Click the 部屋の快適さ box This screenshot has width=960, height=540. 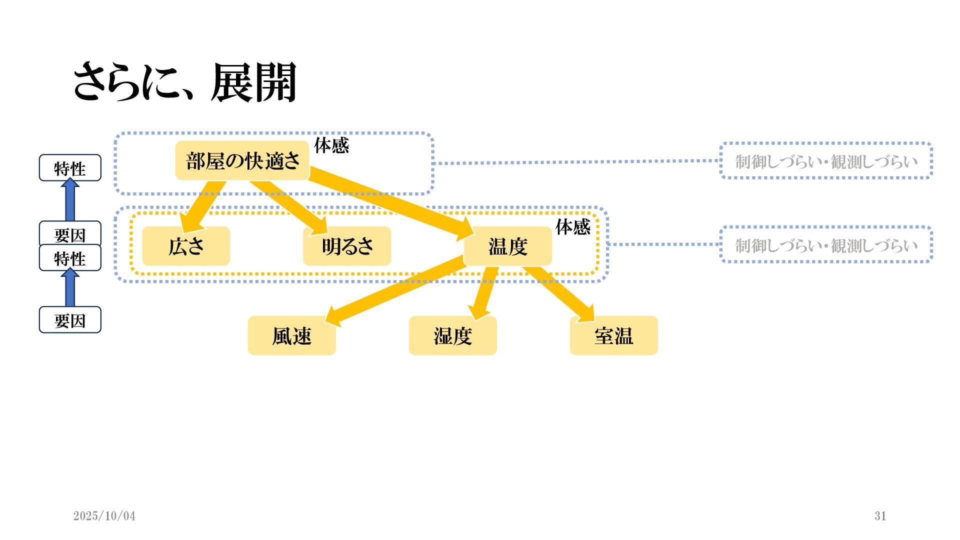pos(242,161)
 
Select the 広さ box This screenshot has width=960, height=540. pos(186,246)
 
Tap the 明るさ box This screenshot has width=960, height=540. pos(347,246)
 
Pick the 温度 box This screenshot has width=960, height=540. pos(508,246)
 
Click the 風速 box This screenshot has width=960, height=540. pos(292,335)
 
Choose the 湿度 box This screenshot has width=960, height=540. pos(453,335)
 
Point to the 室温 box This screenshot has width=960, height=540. pos(614,335)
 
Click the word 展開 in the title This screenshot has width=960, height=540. pos(254,82)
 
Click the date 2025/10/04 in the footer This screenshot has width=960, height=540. pos(104,516)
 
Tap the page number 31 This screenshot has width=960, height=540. pos(880,516)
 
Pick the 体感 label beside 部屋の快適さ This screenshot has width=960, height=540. pos(331,145)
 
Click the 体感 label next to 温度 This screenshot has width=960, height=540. pos(573,227)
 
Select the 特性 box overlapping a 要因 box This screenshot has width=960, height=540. pos(70,258)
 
